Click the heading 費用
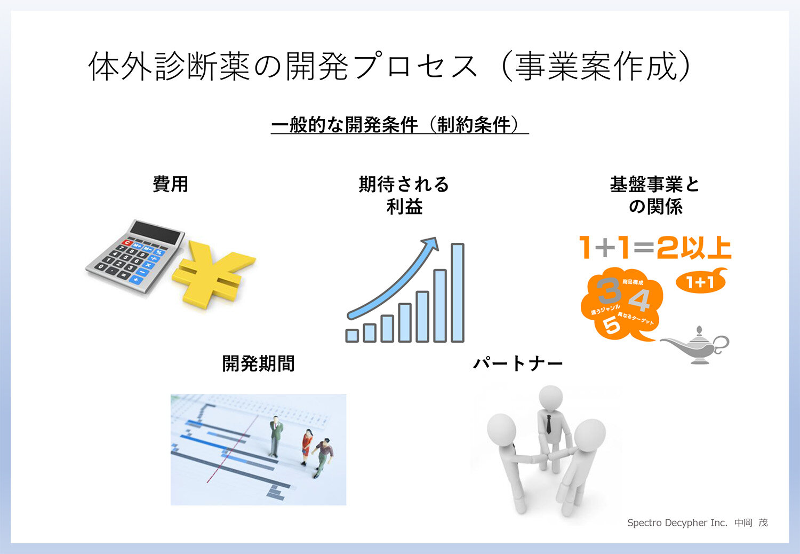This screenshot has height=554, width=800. click(x=171, y=184)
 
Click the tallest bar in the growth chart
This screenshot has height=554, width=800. click(x=458, y=292)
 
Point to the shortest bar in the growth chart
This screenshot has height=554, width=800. click(x=352, y=335)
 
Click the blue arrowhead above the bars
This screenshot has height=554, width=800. click(x=430, y=244)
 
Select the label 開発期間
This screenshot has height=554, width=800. click(x=259, y=363)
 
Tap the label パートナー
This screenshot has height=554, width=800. click(x=518, y=363)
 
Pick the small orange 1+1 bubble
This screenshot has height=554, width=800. click(x=700, y=281)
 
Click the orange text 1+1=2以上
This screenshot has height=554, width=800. click(x=655, y=248)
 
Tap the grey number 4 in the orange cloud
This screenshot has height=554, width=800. click(x=638, y=300)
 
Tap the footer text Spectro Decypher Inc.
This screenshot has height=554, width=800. click(x=677, y=523)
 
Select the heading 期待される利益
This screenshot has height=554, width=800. click(x=404, y=195)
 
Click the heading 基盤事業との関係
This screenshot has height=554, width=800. click(x=655, y=195)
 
